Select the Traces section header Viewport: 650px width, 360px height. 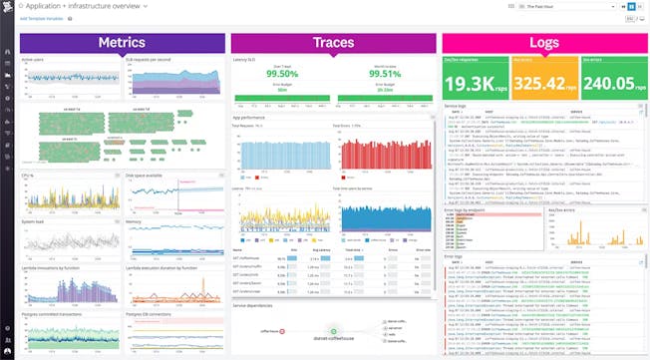point(332,43)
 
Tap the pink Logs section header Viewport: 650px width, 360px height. point(543,43)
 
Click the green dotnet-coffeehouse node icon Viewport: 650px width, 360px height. point(332,331)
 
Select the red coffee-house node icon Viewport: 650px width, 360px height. point(284,330)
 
